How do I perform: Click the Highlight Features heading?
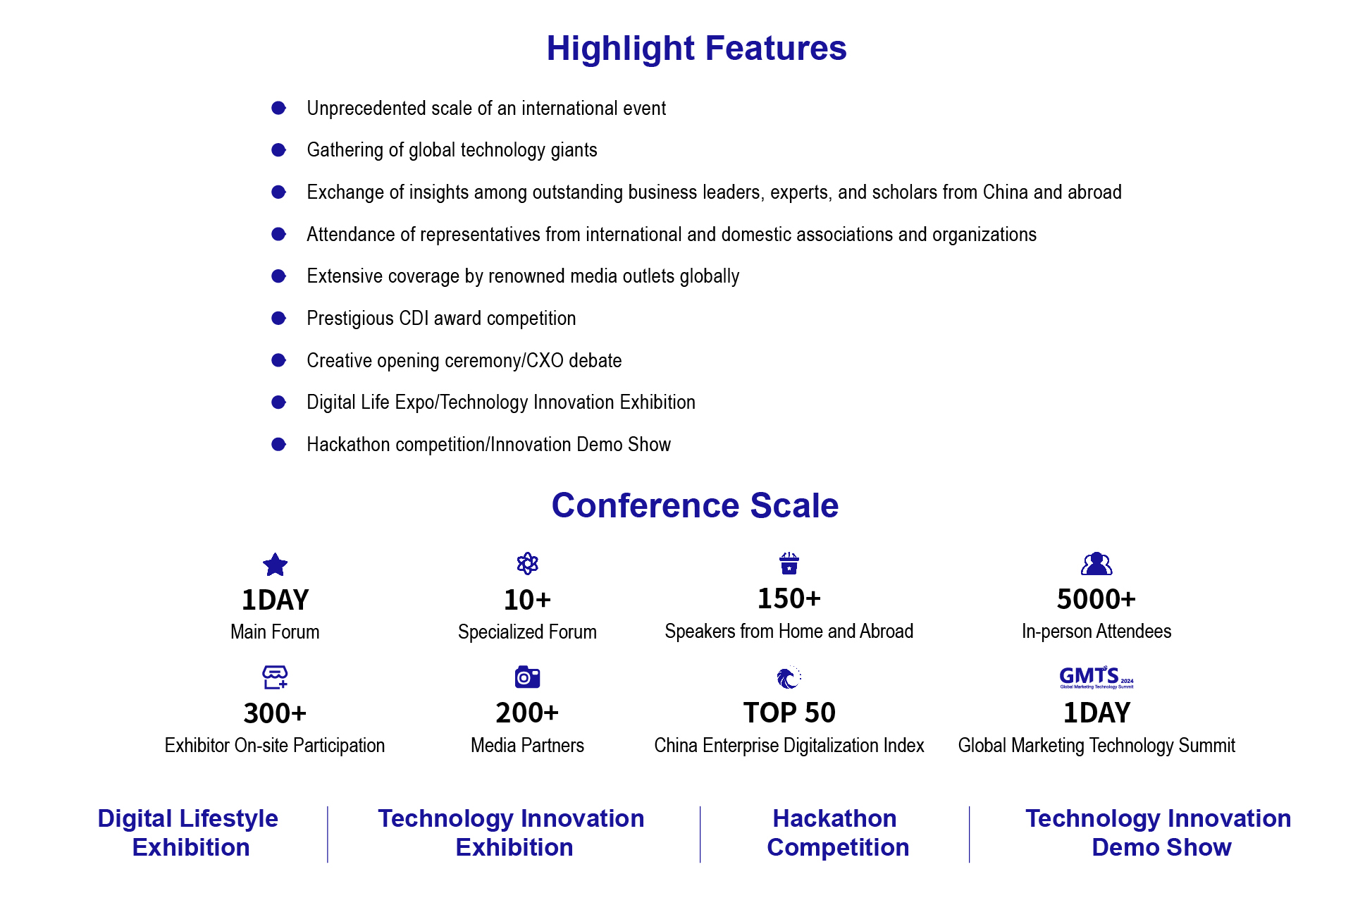coord(696,49)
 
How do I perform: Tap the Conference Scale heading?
coord(695,505)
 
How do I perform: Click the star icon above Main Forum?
coord(275,564)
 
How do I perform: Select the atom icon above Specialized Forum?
coord(527,563)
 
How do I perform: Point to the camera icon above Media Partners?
coord(527,677)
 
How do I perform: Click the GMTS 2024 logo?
coord(1096,677)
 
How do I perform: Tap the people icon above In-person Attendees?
coord(1096,564)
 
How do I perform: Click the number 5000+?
coord(1096,599)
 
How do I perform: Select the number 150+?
coord(789,598)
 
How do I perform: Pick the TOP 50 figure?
coord(789,713)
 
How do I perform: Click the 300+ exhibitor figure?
coord(275,713)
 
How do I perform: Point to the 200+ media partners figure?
coord(527,713)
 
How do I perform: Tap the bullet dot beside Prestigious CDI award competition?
coord(279,318)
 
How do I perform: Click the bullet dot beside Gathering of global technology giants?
coord(279,149)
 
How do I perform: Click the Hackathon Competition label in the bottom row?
coord(837,832)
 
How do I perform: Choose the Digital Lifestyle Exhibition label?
coord(189,832)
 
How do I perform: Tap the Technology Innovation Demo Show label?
coord(1159,832)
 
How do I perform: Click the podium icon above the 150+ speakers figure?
coord(789,563)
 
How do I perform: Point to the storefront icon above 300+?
coord(275,677)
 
